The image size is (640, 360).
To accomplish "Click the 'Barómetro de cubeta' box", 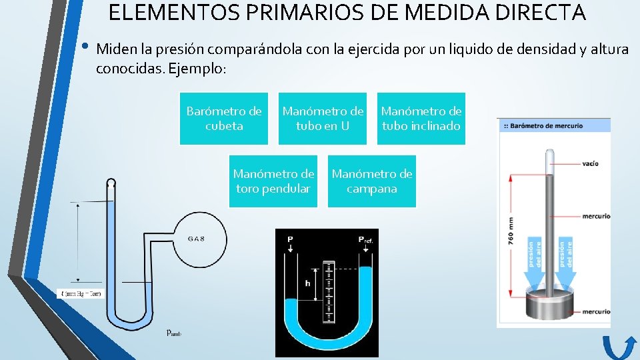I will pyautogui.click(x=224, y=118).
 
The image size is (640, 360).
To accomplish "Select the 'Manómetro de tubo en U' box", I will pyautogui.click(x=323, y=118).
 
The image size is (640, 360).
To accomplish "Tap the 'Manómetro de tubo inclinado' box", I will pyautogui.click(x=421, y=118).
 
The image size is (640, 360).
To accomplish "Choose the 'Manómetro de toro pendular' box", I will pyautogui.click(x=273, y=181).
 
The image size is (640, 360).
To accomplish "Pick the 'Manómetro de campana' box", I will pyautogui.click(x=372, y=181).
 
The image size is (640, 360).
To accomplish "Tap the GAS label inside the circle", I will pyautogui.click(x=196, y=239).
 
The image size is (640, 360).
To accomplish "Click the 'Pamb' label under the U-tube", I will pyautogui.click(x=173, y=333).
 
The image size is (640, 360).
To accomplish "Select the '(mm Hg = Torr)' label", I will pyautogui.click(x=81, y=293).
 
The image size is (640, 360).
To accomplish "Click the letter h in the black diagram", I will pyautogui.click(x=307, y=283).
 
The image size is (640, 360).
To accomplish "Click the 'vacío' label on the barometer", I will pyautogui.click(x=589, y=163).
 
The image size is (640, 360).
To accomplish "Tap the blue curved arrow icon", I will pyautogui.click(x=621, y=347).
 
